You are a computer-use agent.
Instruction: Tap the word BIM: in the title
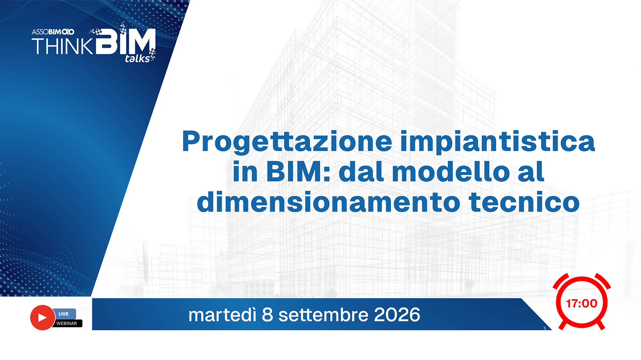point(298,171)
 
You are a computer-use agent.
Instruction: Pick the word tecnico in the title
point(524,202)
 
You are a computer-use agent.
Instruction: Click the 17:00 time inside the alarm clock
point(582,303)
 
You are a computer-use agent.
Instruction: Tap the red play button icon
point(42,317)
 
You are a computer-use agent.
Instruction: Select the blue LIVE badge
point(63,314)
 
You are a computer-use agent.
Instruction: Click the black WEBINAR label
point(67,323)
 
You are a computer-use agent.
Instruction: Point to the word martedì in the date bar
point(222,315)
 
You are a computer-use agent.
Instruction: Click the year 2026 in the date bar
point(397,315)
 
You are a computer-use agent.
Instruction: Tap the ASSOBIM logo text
point(53,32)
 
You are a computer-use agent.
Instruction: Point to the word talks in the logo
point(137,58)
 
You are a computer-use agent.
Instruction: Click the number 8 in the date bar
point(267,315)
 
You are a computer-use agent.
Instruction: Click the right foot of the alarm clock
point(601,325)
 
